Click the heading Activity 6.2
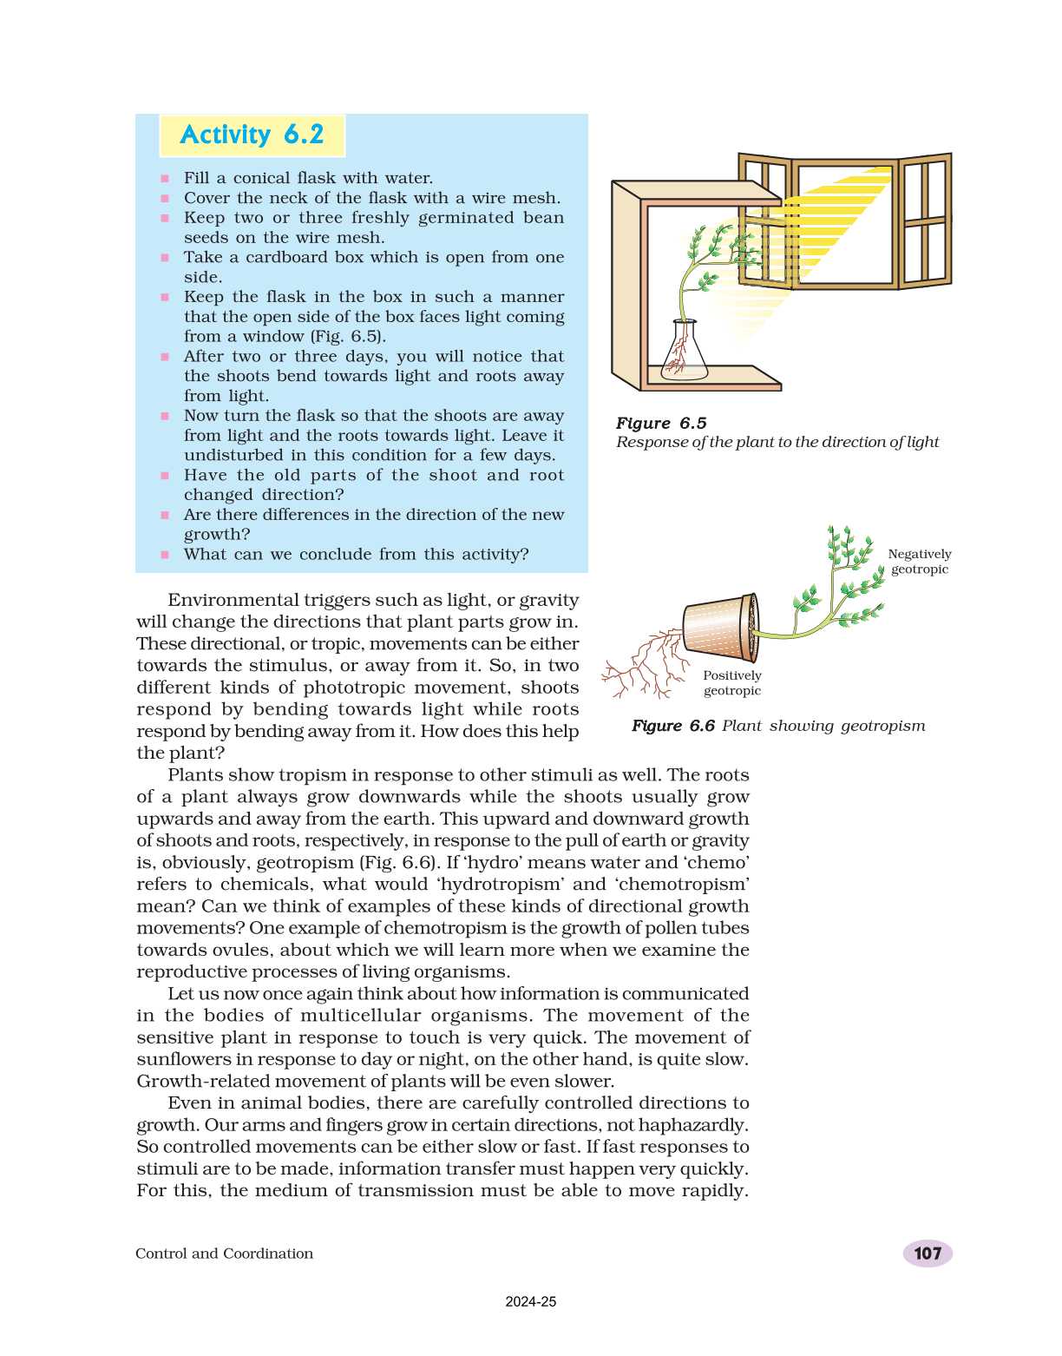(x=252, y=135)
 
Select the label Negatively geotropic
(x=919, y=562)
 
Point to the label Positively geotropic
(x=732, y=683)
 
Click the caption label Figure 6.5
(x=661, y=423)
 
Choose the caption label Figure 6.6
(x=673, y=726)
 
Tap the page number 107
(x=928, y=1253)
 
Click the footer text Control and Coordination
(x=224, y=1253)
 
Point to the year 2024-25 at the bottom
(x=531, y=1301)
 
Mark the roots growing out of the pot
(x=642, y=667)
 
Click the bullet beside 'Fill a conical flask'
(x=165, y=179)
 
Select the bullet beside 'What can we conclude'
(x=165, y=555)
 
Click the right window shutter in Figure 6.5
(x=926, y=221)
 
